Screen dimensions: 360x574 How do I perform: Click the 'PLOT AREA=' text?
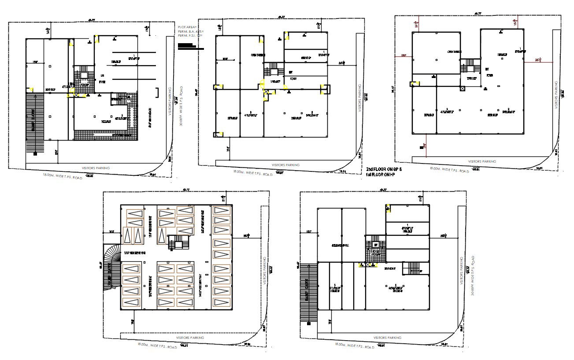[x=186, y=27]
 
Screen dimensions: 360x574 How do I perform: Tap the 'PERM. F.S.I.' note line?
[x=186, y=37]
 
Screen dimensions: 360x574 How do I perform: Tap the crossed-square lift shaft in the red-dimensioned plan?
[x=462, y=89]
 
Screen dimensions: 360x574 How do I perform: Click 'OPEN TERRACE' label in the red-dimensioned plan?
[x=454, y=52]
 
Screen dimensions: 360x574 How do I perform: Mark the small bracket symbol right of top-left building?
[x=158, y=93]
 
